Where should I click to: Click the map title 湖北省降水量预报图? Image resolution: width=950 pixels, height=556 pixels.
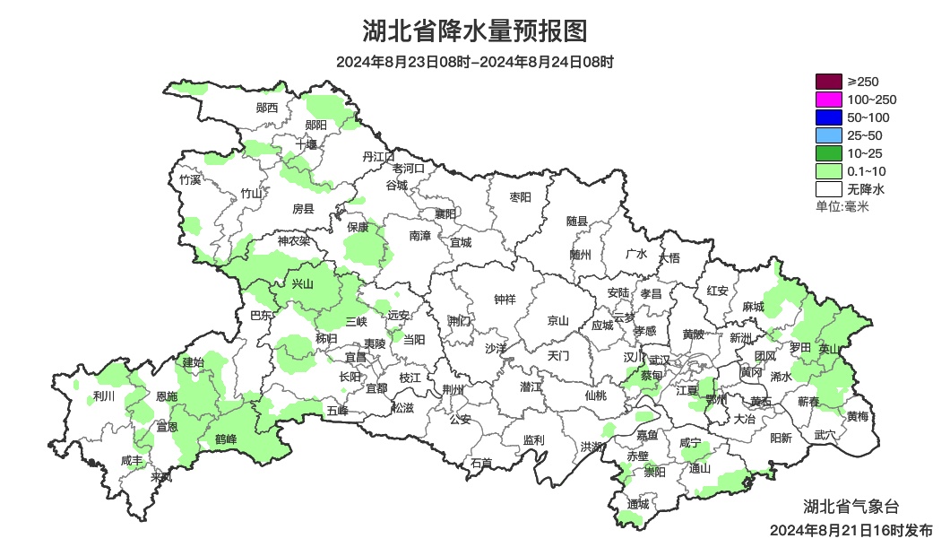(475, 31)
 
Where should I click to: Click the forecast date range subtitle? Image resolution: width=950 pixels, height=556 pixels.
(475, 62)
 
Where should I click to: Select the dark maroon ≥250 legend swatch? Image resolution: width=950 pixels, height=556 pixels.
(829, 82)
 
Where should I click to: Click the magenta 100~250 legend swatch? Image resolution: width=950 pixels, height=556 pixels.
(829, 100)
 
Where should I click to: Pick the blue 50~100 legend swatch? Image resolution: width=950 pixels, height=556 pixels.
(829, 117)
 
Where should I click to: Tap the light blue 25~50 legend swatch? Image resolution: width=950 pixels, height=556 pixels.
(829, 135)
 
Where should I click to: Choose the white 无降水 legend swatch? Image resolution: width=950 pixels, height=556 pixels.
(829, 189)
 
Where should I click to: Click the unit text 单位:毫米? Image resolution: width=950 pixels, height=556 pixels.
(842, 206)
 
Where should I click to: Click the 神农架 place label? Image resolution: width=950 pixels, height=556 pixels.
(293, 240)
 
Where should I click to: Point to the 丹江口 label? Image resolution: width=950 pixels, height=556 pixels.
(378, 156)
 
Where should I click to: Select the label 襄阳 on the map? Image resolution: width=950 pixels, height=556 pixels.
(445, 213)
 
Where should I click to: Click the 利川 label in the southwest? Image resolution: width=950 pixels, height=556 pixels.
(104, 395)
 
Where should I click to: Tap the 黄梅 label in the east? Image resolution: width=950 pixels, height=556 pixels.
(857, 416)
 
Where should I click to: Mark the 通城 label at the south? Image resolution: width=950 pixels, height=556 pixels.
(637, 503)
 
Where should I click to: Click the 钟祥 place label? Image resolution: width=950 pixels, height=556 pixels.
(505, 300)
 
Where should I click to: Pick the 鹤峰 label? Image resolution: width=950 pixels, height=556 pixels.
(226, 439)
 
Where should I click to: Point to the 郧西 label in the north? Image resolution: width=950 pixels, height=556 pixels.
(267, 108)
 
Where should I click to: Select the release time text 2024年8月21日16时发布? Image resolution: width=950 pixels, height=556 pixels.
(851, 530)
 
